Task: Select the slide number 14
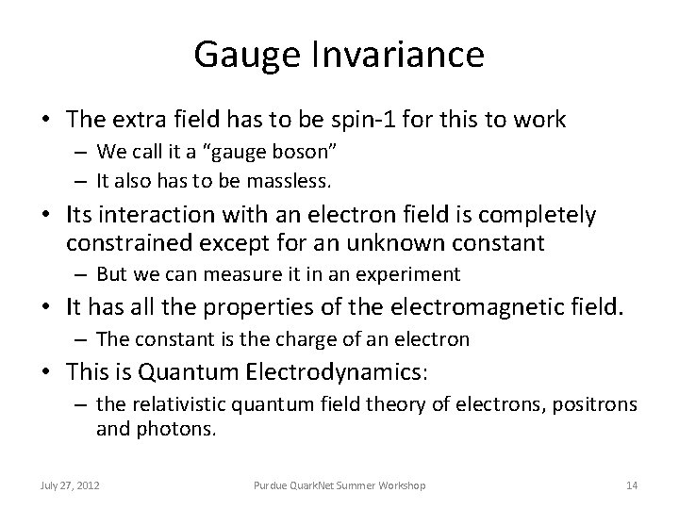click(632, 484)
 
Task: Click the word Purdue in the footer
click(272, 484)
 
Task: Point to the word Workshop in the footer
click(401, 484)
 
